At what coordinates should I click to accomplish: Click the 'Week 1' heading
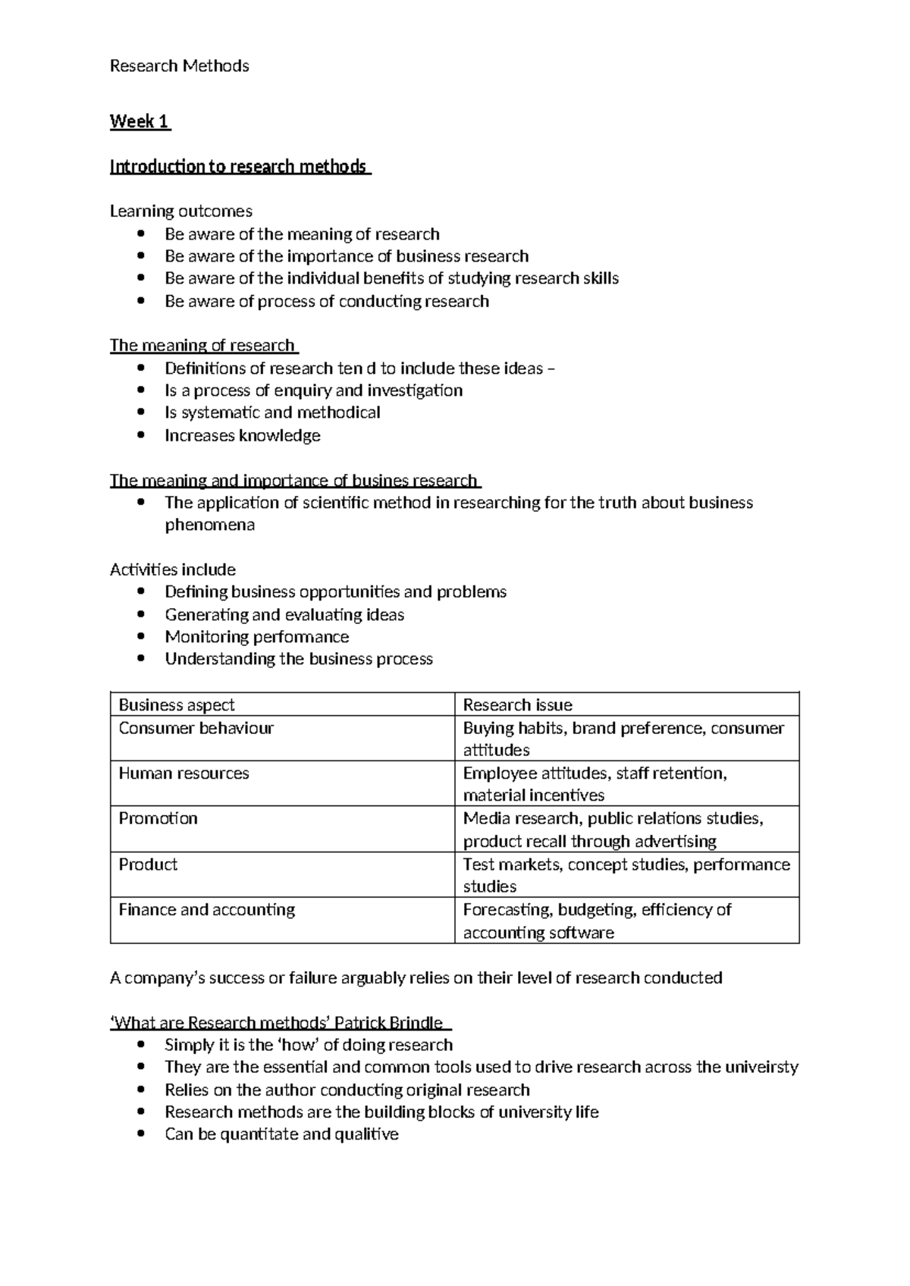140,121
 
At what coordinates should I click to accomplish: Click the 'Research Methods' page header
179,66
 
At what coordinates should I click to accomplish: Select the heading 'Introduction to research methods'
239,166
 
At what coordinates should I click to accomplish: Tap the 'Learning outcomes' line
181,211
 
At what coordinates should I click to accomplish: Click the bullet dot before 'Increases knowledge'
141,436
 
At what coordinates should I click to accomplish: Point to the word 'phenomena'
210,525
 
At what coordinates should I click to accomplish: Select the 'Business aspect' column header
177,704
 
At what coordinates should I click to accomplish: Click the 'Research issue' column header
517,704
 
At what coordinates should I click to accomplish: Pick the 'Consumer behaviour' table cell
196,728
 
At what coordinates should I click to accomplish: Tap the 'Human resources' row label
184,773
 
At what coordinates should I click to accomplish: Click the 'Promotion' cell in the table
158,818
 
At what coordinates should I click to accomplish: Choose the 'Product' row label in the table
148,864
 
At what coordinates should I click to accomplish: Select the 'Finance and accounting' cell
206,909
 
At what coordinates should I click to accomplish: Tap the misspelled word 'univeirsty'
762,1067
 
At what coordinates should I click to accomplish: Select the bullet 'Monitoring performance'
257,637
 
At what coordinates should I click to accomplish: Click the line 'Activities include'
173,569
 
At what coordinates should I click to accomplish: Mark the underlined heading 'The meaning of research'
202,346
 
